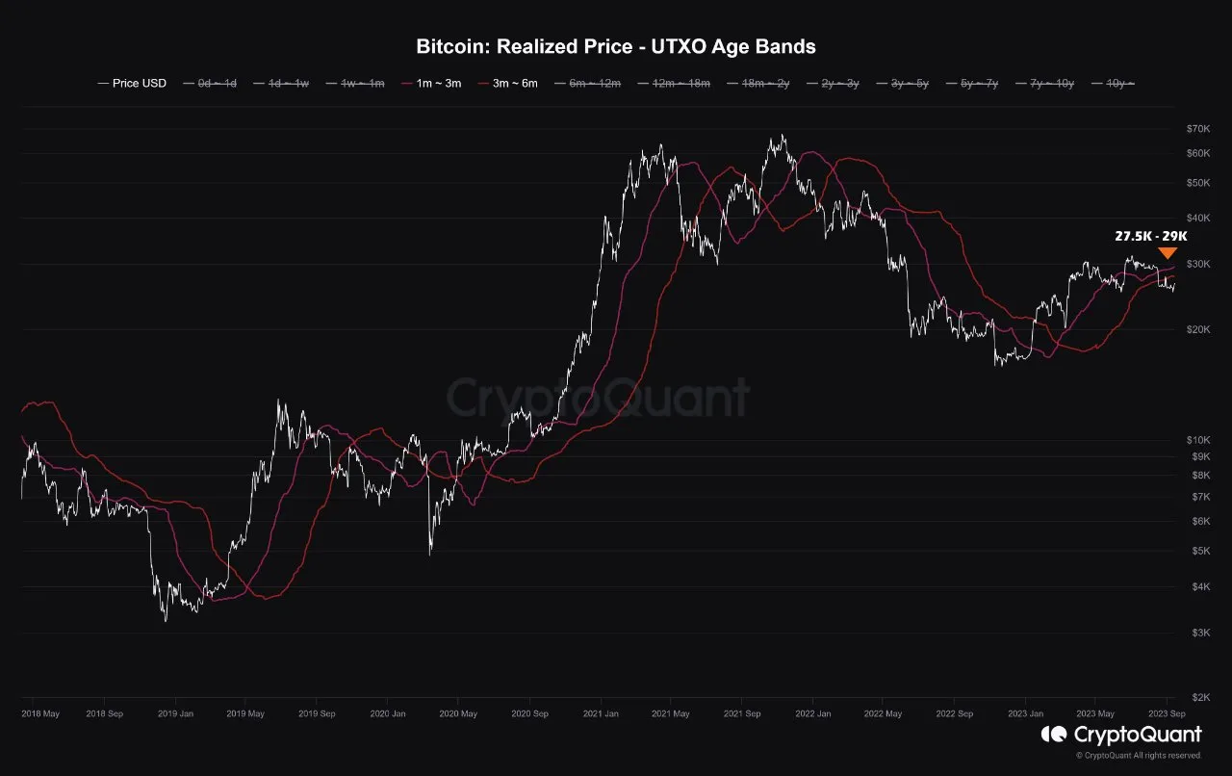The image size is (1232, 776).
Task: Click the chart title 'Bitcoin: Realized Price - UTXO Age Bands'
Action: click(x=616, y=46)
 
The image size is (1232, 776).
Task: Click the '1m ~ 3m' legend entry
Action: click(x=439, y=84)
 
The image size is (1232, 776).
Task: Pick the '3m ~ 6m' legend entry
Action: click(x=514, y=84)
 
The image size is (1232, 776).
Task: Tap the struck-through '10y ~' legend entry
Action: click(x=1116, y=84)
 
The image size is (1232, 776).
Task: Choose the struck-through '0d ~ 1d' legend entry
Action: click(x=218, y=84)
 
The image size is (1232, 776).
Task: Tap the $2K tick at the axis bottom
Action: click(x=1200, y=698)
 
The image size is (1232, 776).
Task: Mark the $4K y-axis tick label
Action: click(x=1200, y=587)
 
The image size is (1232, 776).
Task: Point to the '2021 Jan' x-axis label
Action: click(x=601, y=714)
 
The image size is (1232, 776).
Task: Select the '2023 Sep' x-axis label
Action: click(x=1167, y=714)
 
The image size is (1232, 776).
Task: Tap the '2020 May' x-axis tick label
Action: click(x=458, y=714)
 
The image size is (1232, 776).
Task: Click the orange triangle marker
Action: click(x=1168, y=253)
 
